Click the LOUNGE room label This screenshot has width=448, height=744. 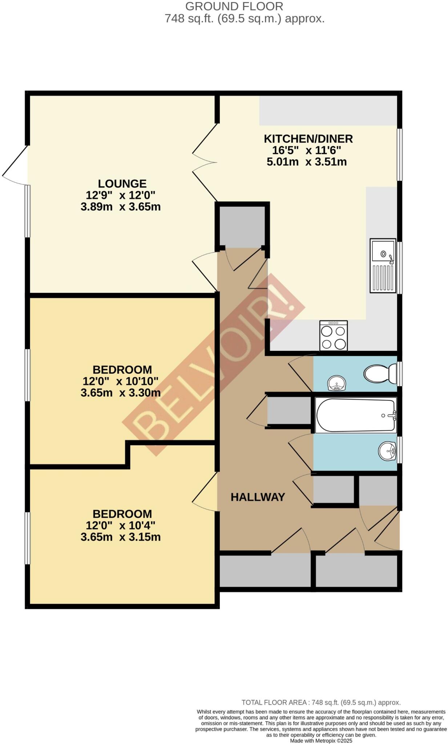[122, 183]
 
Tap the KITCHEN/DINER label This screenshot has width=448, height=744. [308, 139]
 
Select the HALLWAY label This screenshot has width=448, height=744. [258, 497]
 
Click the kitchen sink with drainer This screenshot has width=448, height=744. [383, 266]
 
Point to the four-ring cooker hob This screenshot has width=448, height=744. [333, 336]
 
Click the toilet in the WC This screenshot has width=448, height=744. [380, 373]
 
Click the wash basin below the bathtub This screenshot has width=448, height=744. [387, 451]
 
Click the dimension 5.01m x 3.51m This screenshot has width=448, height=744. [307, 162]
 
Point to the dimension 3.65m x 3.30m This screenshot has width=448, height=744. [121, 393]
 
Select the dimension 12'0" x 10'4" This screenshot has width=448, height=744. [120, 525]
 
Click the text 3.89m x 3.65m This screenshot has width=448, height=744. [121, 207]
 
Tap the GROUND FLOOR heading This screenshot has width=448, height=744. [234, 6]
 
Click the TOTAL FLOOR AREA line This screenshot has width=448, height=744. [321, 703]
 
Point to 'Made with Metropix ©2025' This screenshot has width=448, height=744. [321, 741]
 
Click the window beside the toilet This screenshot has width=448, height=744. [400, 373]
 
